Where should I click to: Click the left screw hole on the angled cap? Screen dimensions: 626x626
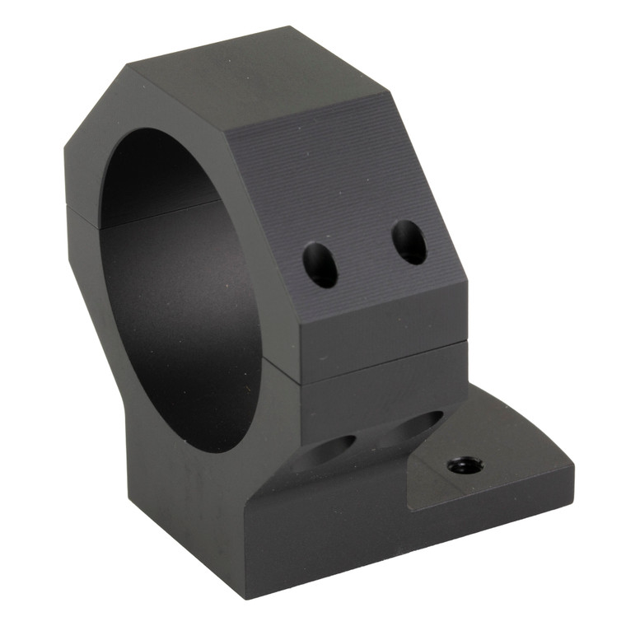click(x=320, y=264)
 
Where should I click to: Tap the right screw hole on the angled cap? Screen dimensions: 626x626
click(x=409, y=242)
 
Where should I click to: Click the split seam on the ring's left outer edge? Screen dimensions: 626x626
click(x=68, y=206)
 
